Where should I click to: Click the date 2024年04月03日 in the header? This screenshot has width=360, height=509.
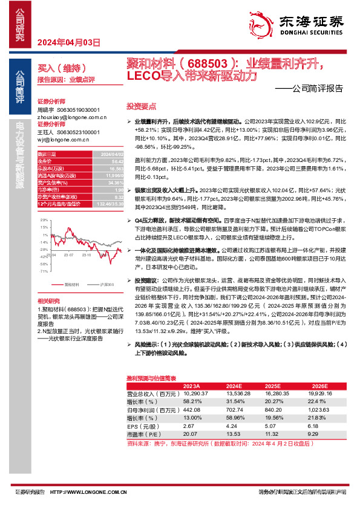68,43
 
